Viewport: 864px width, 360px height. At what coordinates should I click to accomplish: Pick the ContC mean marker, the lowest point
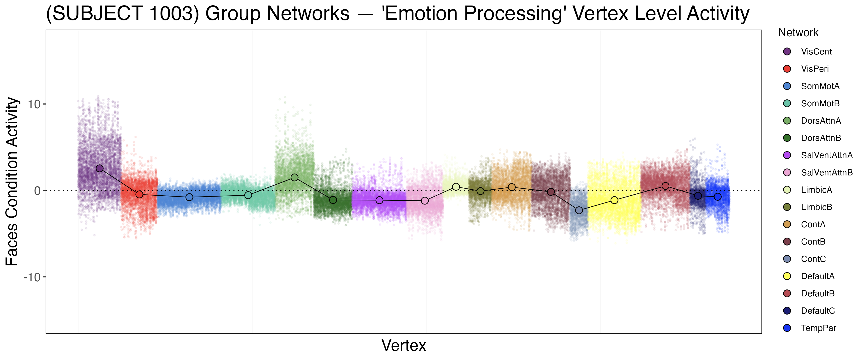(579, 210)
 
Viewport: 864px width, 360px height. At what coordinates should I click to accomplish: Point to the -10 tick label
(32, 277)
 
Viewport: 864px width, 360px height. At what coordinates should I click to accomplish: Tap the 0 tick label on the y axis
(37, 191)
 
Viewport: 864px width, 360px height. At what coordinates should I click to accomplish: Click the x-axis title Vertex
(404, 346)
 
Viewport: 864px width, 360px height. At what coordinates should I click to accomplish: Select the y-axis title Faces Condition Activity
(12, 181)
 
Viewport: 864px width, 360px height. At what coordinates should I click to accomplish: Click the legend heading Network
(798, 33)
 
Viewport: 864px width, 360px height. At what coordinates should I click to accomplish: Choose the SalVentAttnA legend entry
(826, 155)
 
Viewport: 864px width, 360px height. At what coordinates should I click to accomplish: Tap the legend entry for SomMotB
(820, 103)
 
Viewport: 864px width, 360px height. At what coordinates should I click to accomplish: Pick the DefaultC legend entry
(818, 311)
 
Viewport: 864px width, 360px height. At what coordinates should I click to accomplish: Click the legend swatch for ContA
(787, 224)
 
